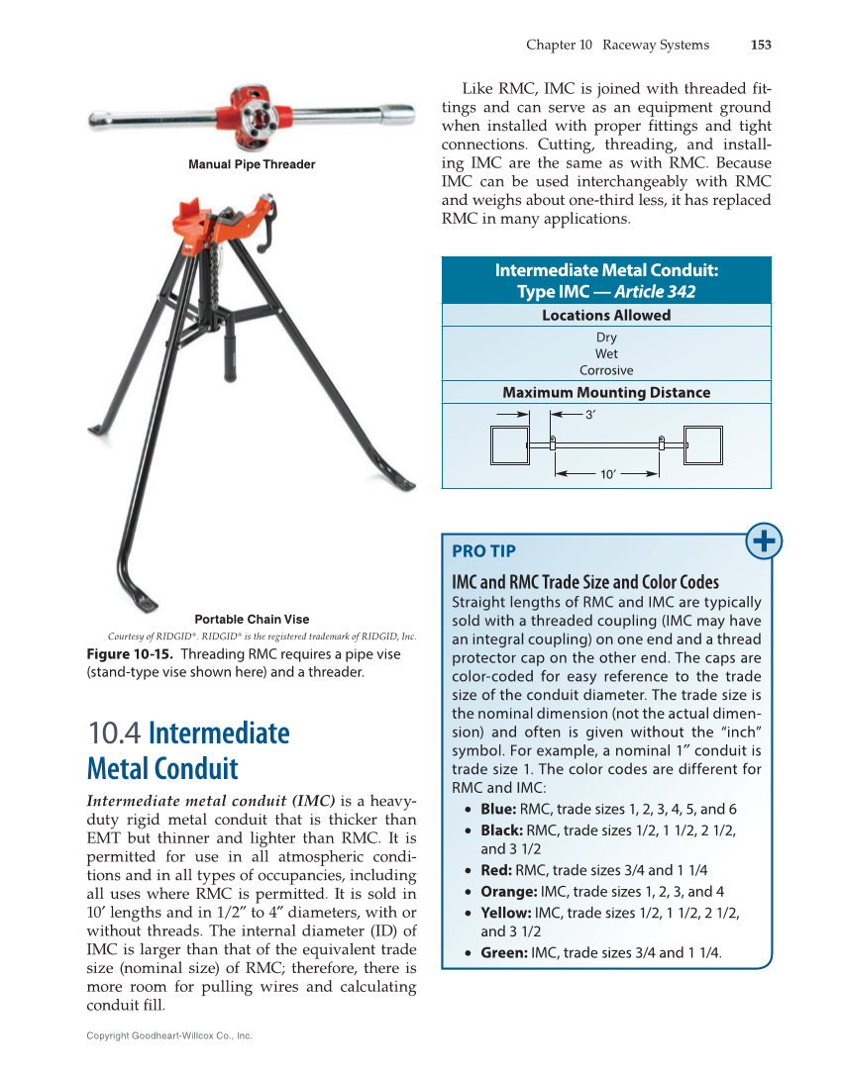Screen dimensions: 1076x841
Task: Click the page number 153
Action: click(x=761, y=45)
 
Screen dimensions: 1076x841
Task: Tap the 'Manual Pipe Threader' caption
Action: click(x=252, y=164)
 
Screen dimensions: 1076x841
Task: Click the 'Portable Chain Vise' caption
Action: click(x=252, y=620)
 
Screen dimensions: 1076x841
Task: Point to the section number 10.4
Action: click(x=115, y=734)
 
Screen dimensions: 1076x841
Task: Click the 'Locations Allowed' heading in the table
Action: click(x=606, y=316)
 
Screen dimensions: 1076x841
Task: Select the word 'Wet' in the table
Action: click(x=606, y=353)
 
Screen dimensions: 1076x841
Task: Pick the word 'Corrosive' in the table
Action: click(x=606, y=370)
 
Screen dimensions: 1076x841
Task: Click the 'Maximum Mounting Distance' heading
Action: click(x=606, y=393)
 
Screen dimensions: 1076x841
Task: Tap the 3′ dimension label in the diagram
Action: click(x=590, y=416)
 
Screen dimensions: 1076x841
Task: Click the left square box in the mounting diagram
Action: click(x=511, y=445)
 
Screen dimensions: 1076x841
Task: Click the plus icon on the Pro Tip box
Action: click(x=765, y=541)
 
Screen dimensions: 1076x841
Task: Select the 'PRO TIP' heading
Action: click(x=483, y=551)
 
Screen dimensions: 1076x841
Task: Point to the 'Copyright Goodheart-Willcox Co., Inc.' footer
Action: click(x=169, y=1035)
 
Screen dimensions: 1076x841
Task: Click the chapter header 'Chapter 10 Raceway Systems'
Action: click(x=617, y=45)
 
